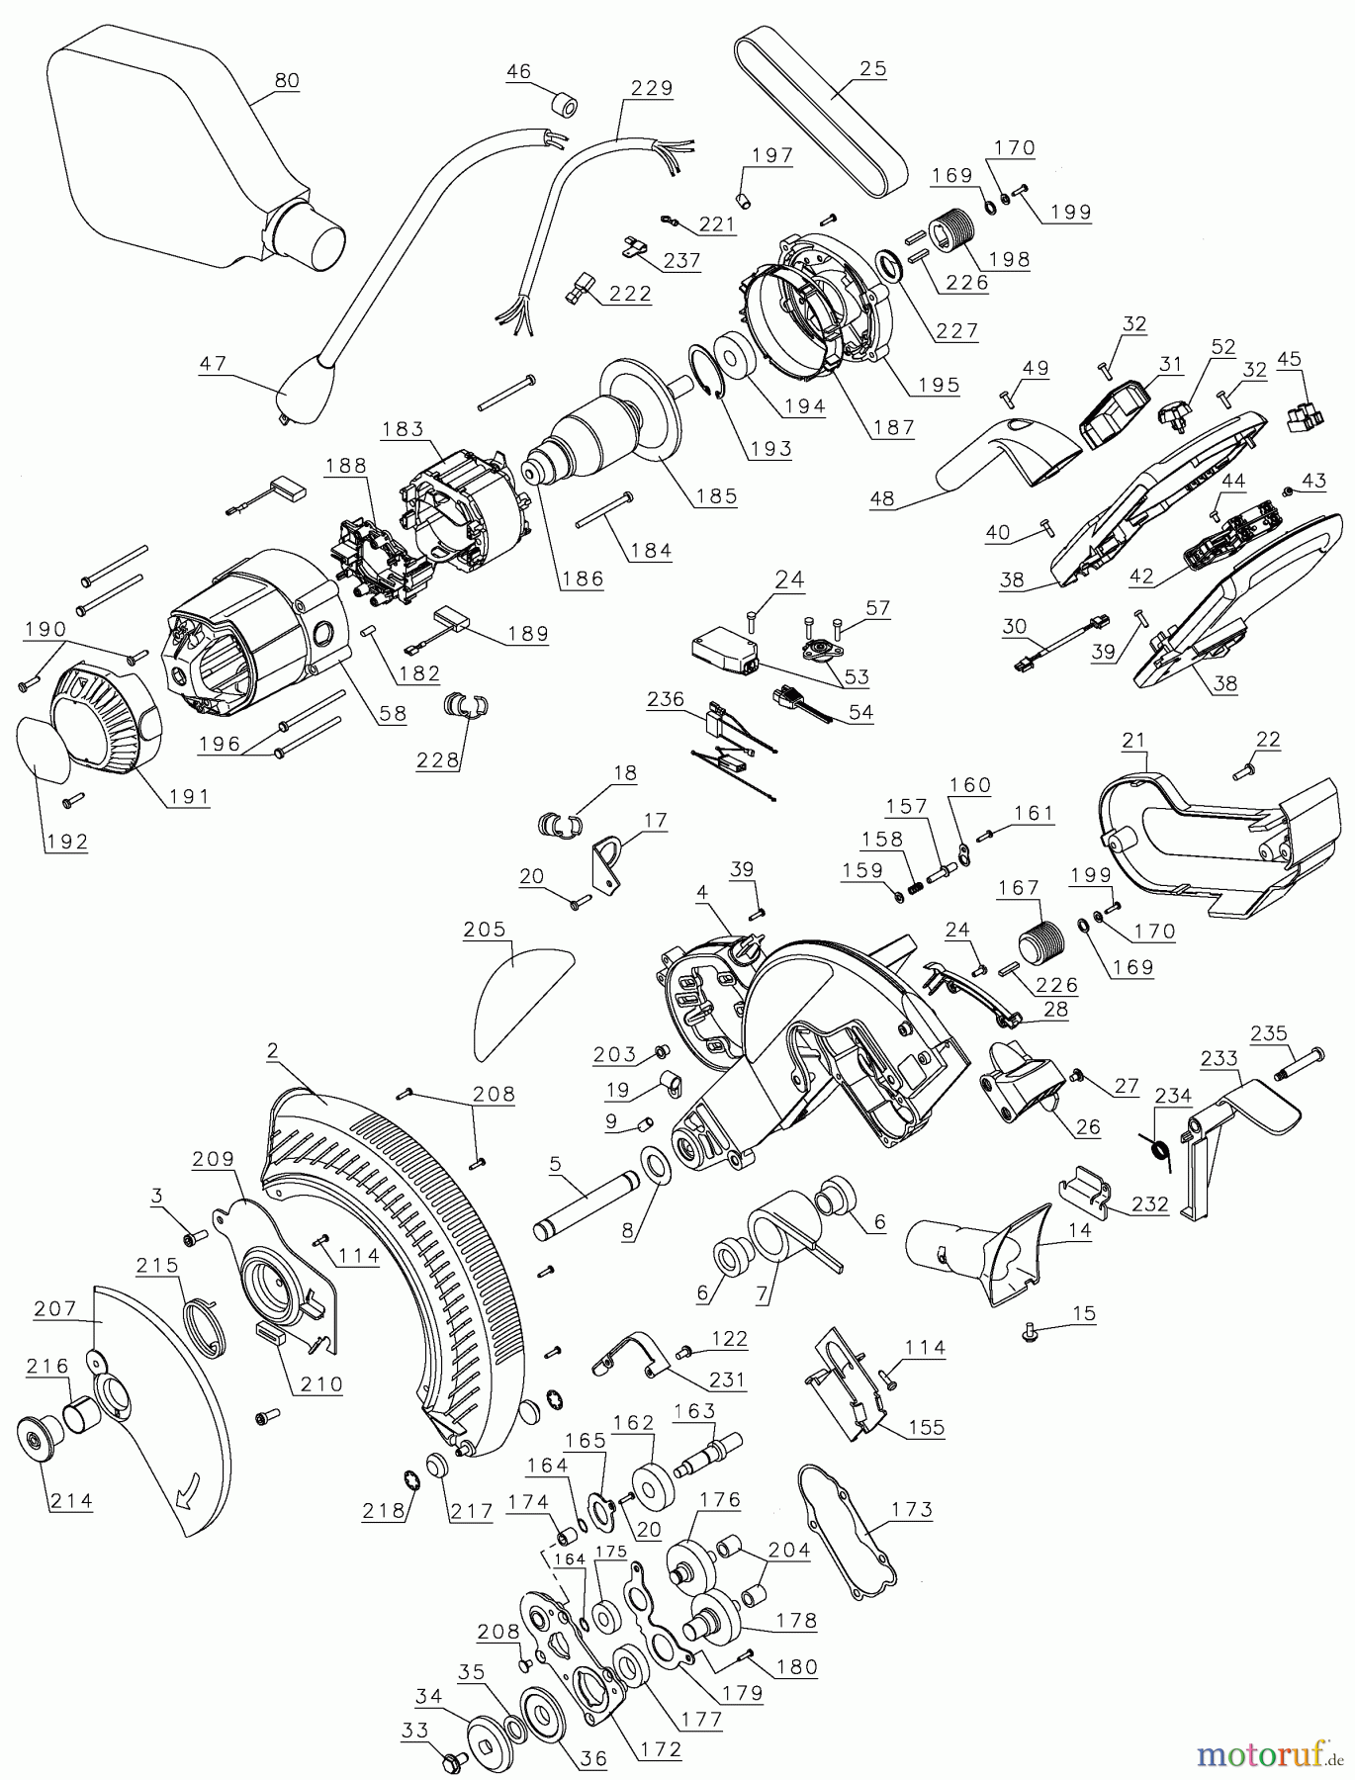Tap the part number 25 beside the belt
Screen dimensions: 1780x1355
click(x=873, y=69)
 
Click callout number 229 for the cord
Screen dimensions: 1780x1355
click(x=652, y=88)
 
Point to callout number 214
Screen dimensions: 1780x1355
click(x=70, y=1500)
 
